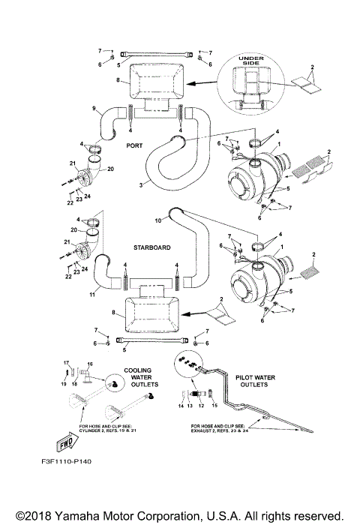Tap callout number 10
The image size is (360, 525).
158,220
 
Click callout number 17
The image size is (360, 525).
66,362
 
